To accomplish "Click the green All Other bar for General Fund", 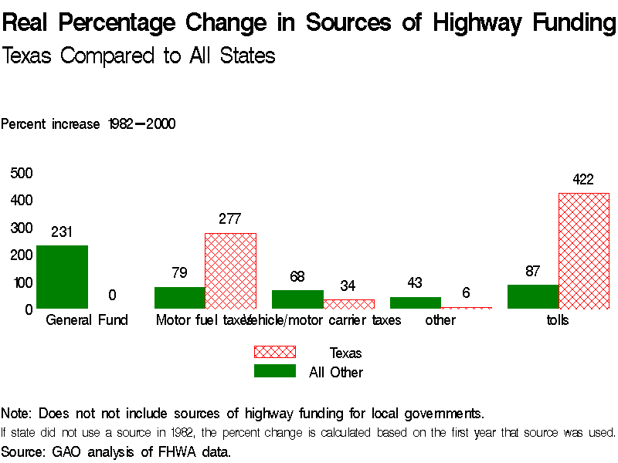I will click(62, 277).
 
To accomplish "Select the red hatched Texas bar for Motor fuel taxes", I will click(230, 271).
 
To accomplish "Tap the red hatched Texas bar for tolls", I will click(584, 251).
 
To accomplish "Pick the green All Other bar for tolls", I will click(533, 296).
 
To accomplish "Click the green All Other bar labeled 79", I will click(179, 298).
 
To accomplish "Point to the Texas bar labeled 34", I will click(348, 304).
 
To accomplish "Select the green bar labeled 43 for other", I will click(415, 302).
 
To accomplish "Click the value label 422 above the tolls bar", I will click(583, 180).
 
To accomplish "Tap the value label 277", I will click(230, 219).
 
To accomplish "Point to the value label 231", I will click(62, 231).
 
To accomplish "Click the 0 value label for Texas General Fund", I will click(112, 296).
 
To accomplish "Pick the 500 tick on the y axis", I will click(21, 173).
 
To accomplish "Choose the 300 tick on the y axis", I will click(21, 228).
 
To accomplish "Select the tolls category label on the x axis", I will click(558, 320).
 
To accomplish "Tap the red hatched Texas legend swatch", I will click(275, 352).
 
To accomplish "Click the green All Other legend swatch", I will click(275, 371).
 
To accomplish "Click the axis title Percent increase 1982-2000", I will click(88, 124).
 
